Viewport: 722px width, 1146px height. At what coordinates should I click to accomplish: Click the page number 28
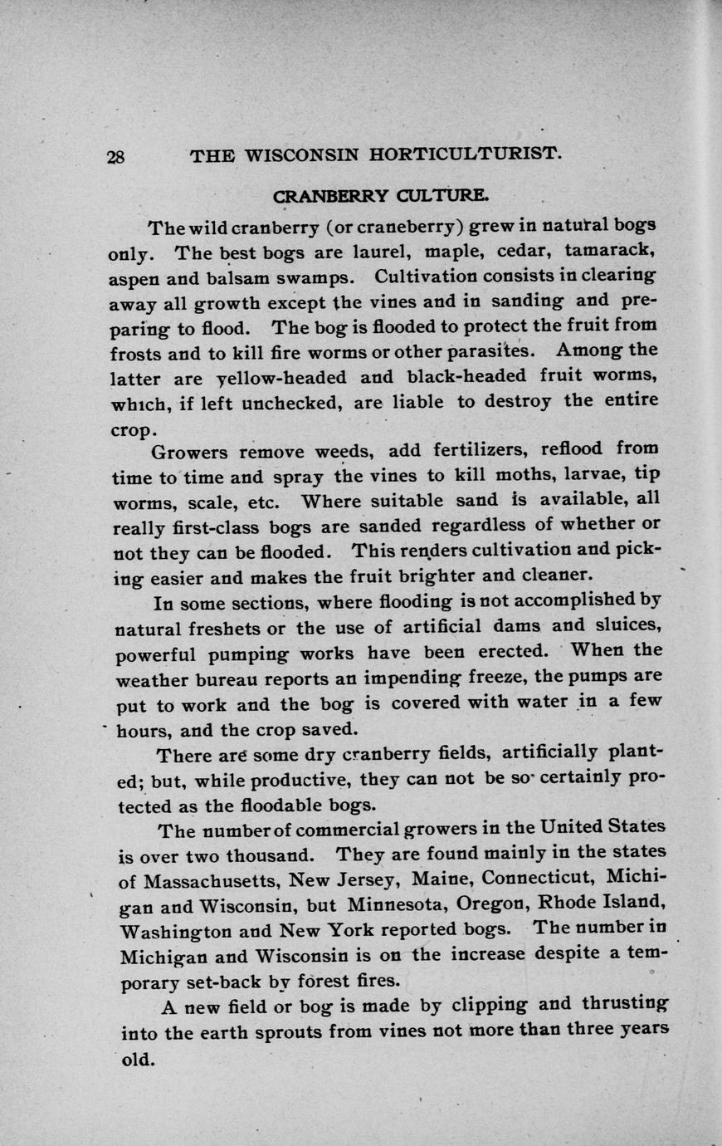115,156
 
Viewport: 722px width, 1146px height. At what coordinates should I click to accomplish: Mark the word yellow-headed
282,377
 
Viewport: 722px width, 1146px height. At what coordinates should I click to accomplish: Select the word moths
524,476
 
